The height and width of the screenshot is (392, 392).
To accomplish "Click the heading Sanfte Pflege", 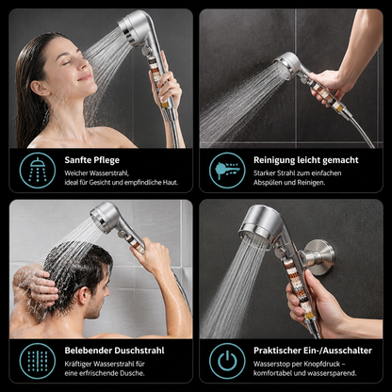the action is [92, 160].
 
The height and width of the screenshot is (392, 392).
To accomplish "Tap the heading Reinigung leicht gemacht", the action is [306, 160].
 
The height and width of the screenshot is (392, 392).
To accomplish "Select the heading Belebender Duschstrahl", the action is [114, 351].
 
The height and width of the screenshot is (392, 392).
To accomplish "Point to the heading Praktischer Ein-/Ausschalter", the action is [313, 351].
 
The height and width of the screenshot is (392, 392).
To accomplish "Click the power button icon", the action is [227, 361].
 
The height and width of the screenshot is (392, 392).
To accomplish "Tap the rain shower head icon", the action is [38, 170].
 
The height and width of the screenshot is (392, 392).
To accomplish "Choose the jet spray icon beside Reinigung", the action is [227, 170].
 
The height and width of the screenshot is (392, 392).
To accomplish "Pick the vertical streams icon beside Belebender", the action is [38, 362].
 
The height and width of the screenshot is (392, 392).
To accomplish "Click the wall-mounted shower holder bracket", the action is [318, 257].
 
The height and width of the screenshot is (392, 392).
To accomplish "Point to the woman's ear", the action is [40, 89].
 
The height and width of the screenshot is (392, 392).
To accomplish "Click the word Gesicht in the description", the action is [100, 183].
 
